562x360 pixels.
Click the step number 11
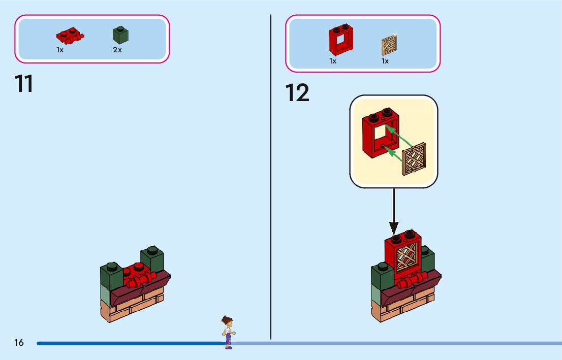pyautogui.click(x=24, y=84)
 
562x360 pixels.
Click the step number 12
pyautogui.click(x=297, y=93)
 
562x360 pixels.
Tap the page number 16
pyautogui.click(x=19, y=343)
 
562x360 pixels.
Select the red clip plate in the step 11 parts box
pyautogui.click(x=70, y=36)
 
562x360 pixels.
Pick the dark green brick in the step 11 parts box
pyautogui.click(x=120, y=35)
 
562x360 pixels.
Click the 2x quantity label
pyautogui.click(x=117, y=50)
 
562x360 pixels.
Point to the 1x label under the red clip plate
pyautogui.click(x=60, y=50)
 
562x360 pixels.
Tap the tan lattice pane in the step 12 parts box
pyautogui.click(x=389, y=45)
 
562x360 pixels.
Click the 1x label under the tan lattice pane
pyautogui.click(x=385, y=61)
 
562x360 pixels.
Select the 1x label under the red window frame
pyautogui.click(x=333, y=61)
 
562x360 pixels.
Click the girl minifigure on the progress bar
pyautogui.click(x=228, y=332)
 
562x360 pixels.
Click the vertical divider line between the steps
pyautogui.click(x=270, y=178)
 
